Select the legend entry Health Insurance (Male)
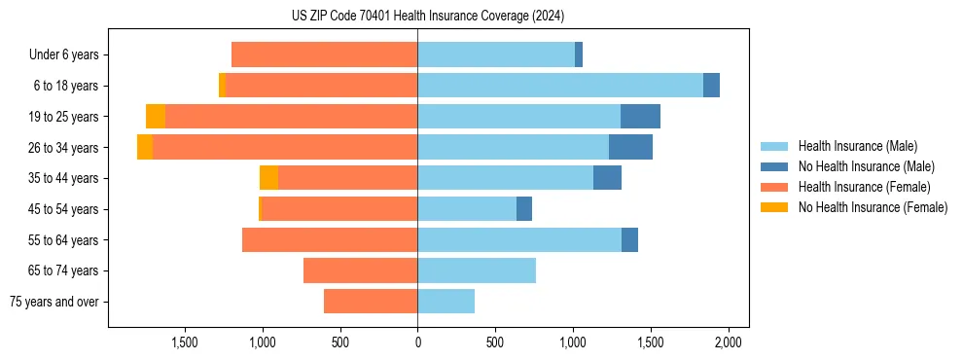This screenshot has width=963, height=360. pos(857,146)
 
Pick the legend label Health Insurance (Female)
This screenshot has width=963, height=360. pos(864,187)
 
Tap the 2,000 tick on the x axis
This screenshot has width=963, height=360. pos(729,342)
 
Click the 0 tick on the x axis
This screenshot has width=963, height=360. pos(417,342)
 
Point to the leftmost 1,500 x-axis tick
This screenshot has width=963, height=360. pos(185,342)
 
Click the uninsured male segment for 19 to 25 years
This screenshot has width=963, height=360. pos(640,117)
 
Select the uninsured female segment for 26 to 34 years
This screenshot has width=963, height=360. pos(145,147)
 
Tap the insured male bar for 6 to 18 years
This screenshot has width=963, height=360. pos(560,86)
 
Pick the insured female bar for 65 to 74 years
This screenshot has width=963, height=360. pos(360,270)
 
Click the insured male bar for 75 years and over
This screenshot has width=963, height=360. pos(446,302)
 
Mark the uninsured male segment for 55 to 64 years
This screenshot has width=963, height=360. pos(629,239)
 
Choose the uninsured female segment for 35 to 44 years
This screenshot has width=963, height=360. pos(268,178)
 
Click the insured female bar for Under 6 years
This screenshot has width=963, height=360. pos(325,55)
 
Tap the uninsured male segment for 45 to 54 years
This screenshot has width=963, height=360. pos(524,209)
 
